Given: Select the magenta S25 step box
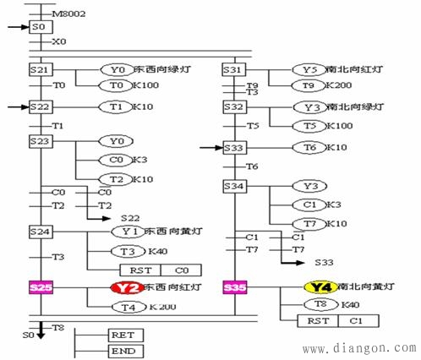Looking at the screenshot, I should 41,288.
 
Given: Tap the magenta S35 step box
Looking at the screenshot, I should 236,288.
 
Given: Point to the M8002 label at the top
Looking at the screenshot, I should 67,14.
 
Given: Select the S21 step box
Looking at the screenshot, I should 41,70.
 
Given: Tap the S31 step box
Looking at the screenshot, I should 235,70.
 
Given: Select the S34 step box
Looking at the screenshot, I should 235,185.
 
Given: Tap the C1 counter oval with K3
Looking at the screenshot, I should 309,205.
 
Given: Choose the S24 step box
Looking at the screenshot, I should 41,231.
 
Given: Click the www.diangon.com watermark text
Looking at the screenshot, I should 365,346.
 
